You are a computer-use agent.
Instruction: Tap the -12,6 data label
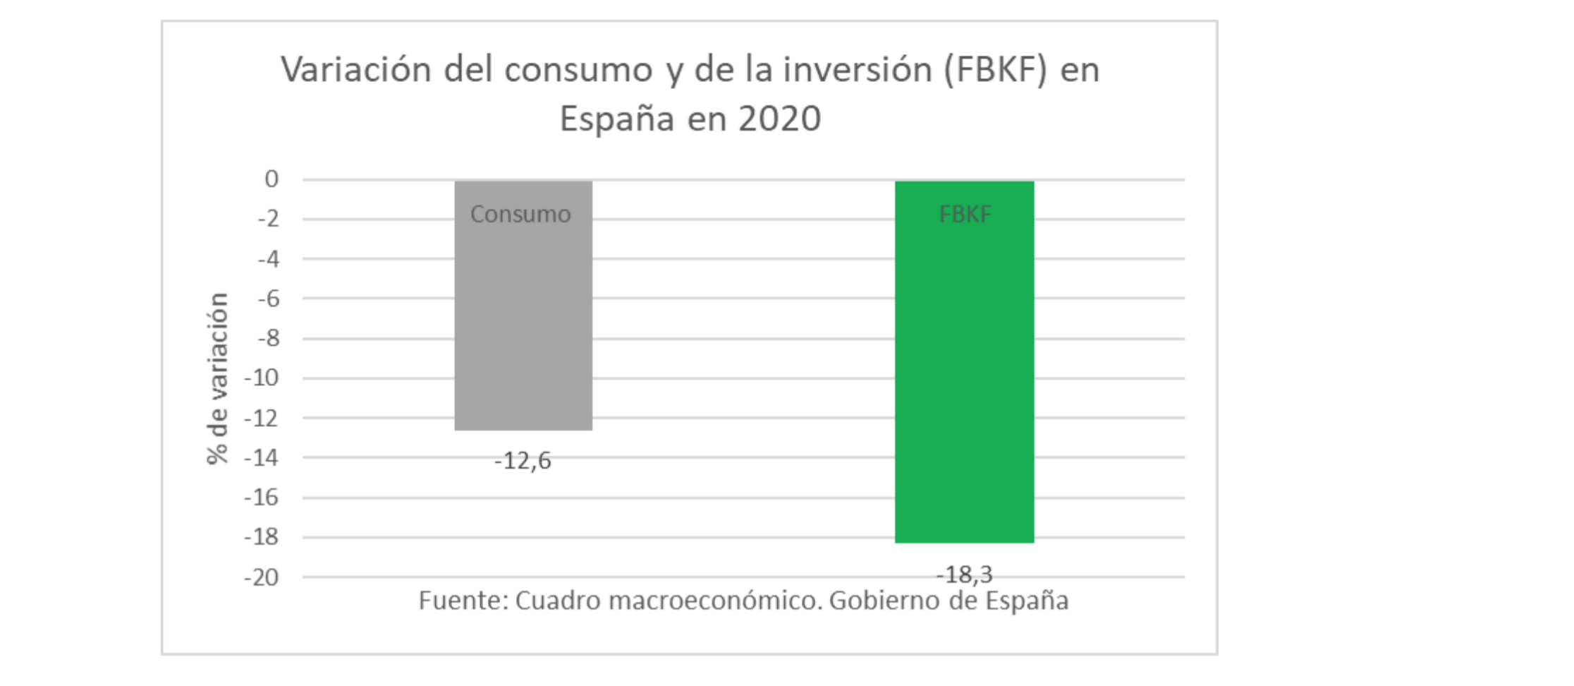(x=523, y=461)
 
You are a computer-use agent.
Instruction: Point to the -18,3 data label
(x=964, y=574)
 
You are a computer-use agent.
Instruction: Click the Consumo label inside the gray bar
(x=520, y=214)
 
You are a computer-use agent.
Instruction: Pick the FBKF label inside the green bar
(x=965, y=214)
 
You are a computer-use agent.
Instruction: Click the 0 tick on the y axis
(x=272, y=179)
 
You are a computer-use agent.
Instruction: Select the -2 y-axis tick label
(x=268, y=219)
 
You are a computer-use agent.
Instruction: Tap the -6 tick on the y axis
(x=268, y=299)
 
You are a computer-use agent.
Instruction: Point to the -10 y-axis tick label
(x=262, y=378)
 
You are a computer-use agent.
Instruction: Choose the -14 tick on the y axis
(x=262, y=458)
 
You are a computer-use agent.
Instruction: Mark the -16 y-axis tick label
(x=262, y=498)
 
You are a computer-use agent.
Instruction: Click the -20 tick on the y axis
(x=262, y=578)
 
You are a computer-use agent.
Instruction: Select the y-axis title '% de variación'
(x=218, y=378)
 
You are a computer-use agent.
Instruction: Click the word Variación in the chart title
(x=356, y=70)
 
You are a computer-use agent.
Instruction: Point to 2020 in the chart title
(x=779, y=119)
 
